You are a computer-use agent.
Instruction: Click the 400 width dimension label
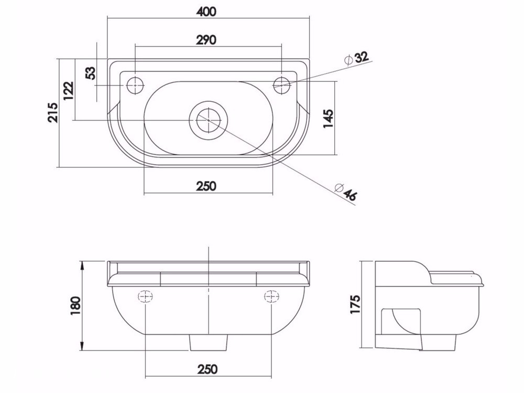(x=206, y=12)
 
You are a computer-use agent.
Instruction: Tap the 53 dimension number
(x=91, y=73)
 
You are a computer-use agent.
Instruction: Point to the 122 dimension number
(x=69, y=90)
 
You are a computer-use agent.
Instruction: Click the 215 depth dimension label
(x=53, y=112)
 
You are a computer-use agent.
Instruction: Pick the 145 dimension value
(x=328, y=119)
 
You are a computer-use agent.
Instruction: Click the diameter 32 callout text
(x=357, y=58)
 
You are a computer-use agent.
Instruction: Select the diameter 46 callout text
(x=345, y=192)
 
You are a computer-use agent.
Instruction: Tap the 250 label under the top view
(x=206, y=186)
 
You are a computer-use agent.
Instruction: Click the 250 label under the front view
(x=207, y=369)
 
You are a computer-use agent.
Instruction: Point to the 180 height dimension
(x=75, y=305)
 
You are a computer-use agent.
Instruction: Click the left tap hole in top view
(x=135, y=86)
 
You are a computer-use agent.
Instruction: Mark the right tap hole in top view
(x=282, y=86)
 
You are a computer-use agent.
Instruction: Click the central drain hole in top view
(x=209, y=120)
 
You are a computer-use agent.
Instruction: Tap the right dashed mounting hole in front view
(x=271, y=296)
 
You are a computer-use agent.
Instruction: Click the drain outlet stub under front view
(x=209, y=343)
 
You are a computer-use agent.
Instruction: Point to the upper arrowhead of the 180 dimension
(x=82, y=265)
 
